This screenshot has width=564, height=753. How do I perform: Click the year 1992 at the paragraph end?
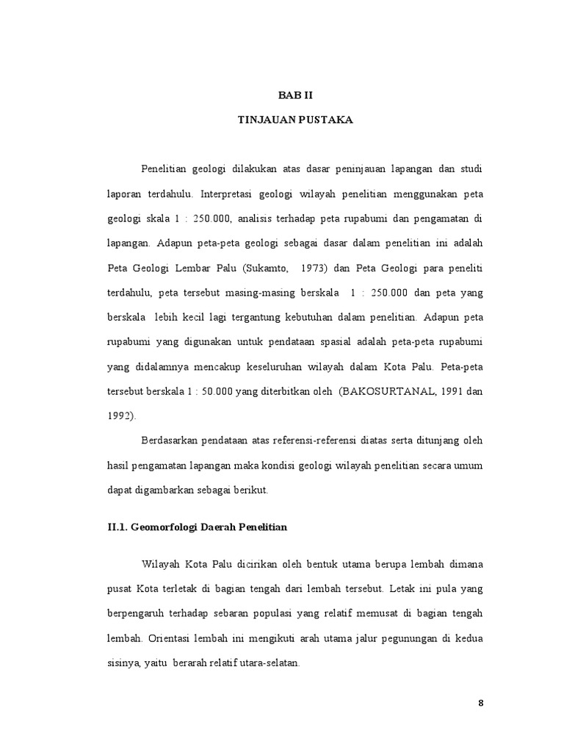pyautogui.click(x=121, y=415)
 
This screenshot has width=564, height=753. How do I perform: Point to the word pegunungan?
pyautogui.click(x=405, y=638)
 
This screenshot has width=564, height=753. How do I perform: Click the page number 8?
pyautogui.click(x=481, y=703)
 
